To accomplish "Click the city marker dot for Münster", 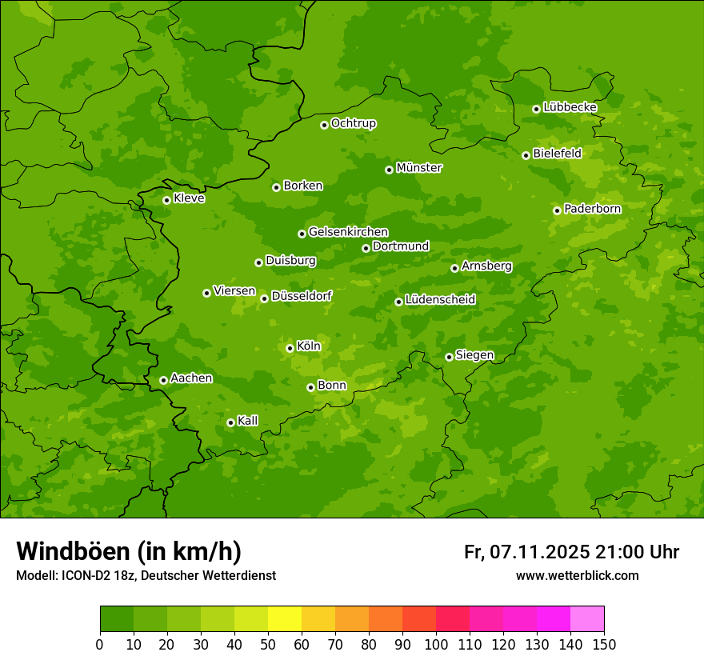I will [x=389, y=170].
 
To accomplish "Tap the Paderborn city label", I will [x=592, y=209].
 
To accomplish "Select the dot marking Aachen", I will [x=163, y=380].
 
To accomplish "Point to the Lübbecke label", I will [x=570, y=106].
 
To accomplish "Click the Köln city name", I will [x=309, y=346].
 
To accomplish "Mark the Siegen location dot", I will [x=449, y=357].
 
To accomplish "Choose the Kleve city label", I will [x=189, y=198].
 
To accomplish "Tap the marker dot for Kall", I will [x=230, y=422].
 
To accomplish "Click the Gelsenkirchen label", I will [x=348, y=232].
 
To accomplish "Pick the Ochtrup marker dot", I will [x=324, y=125].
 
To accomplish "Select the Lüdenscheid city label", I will [x=440, y=300].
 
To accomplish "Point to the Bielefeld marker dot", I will [x=526, y=155].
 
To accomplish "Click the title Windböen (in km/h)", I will [x=129, y=551].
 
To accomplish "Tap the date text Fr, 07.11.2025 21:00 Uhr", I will [x=571, y=552].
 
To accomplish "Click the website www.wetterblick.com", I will [x=577, y=575].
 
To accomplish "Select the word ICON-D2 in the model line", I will [x=83, y=576].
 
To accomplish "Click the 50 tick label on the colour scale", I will [x=268, y=644].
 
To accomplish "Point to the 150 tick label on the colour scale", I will [x=604, y=644].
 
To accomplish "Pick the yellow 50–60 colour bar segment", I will [x=285, y=619].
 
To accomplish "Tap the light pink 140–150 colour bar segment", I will [x=587, y=619].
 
